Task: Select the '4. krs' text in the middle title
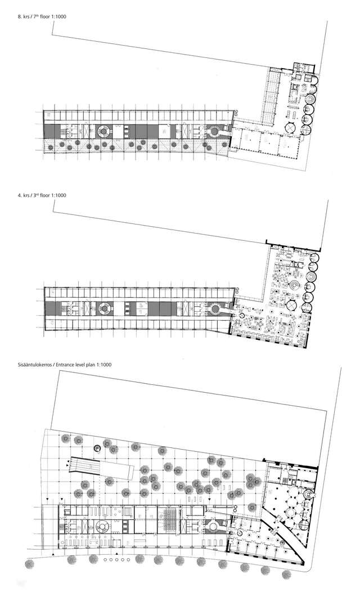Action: pos(24,195)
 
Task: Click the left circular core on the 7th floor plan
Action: pos(104,133)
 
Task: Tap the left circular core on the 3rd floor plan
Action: pos(104,308)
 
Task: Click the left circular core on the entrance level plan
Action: pos(103,527)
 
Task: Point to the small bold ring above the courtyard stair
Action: pos(97,447)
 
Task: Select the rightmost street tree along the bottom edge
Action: pos(287,573)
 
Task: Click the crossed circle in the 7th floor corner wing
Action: pos(290,128)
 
